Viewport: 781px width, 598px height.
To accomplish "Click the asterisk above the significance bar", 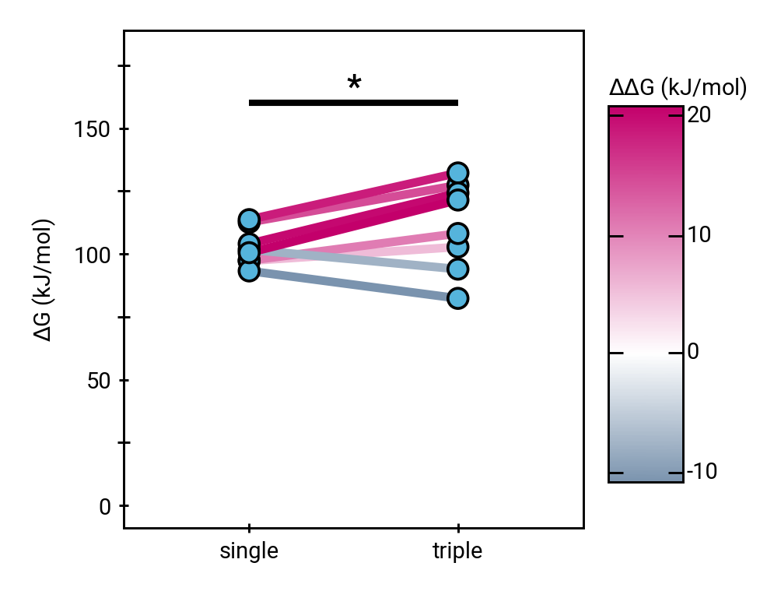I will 354,83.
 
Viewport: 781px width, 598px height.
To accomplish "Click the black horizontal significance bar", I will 353,103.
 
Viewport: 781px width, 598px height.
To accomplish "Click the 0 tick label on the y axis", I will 105,507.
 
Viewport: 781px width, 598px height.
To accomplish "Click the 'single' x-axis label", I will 249,552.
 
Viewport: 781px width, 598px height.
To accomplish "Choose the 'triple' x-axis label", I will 457,552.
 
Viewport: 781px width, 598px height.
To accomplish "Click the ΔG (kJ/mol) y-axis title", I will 44,280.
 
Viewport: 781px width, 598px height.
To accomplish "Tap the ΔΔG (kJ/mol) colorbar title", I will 678,89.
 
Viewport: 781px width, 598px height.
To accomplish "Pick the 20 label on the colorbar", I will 699,114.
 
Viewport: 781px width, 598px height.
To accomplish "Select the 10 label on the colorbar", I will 699,235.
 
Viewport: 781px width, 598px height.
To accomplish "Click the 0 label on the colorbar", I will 693,353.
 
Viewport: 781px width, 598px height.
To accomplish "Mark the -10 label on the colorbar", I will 702,473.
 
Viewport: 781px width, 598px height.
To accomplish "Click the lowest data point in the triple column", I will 457,298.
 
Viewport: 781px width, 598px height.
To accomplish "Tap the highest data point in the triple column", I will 457,173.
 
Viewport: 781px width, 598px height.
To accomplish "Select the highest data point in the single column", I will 249,220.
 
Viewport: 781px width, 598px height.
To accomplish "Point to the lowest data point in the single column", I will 249,271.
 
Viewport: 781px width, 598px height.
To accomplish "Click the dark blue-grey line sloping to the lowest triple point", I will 353,285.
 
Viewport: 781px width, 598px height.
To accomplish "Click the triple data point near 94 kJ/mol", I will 457,269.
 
